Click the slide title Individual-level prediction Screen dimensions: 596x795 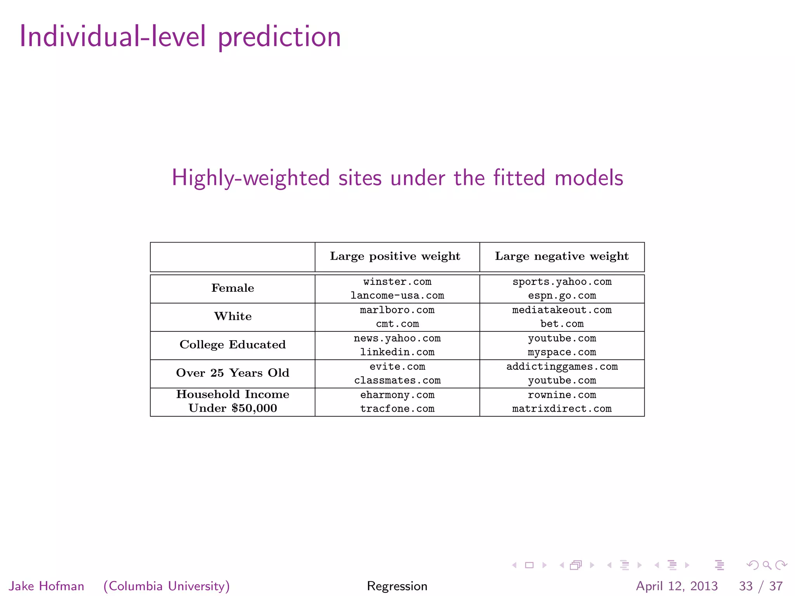(180, 37)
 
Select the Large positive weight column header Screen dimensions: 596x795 (395, 256)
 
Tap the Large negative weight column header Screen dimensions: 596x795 (562, 256)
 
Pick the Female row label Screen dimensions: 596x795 (233, 288)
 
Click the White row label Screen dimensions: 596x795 (233, 316)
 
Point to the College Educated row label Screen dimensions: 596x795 (233, 345)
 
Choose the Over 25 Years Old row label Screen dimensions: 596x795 (233, 373)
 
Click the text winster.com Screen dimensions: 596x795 (397, 282)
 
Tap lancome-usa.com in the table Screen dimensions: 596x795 (397, 296)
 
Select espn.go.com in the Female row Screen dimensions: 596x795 (562, 296)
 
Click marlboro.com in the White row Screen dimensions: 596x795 (397, 310)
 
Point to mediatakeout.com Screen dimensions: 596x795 (562, 310)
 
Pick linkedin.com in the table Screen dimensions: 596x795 (397, 352)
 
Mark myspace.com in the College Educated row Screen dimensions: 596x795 (562, 352)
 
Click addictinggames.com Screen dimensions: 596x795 (562, 367)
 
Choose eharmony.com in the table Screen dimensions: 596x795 (397, 395)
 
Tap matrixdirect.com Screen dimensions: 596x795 (562, 409)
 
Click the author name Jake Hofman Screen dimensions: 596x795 (47, 586)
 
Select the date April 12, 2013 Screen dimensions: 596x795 (677, 586)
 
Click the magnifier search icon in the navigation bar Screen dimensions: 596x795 (767, 565)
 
